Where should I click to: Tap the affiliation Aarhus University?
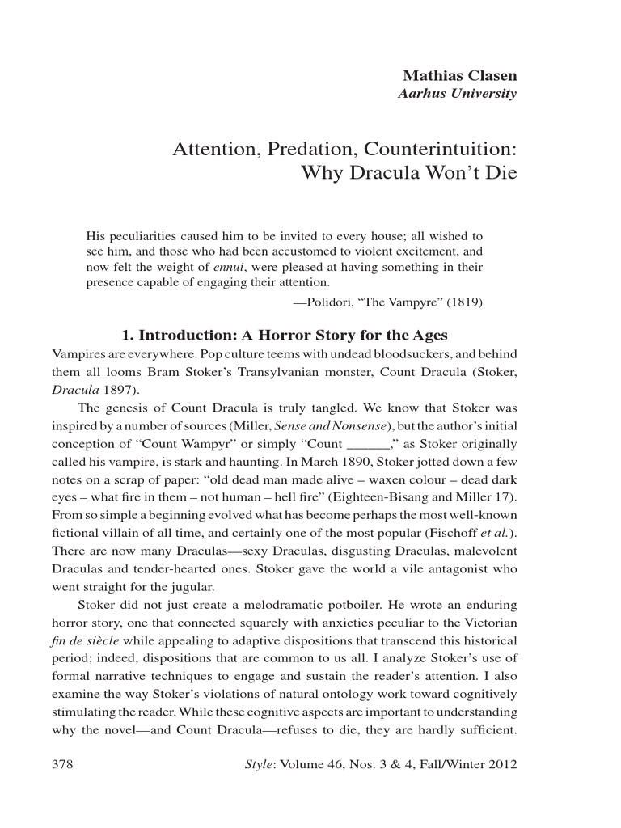457,93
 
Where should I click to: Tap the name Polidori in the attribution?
329,303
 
